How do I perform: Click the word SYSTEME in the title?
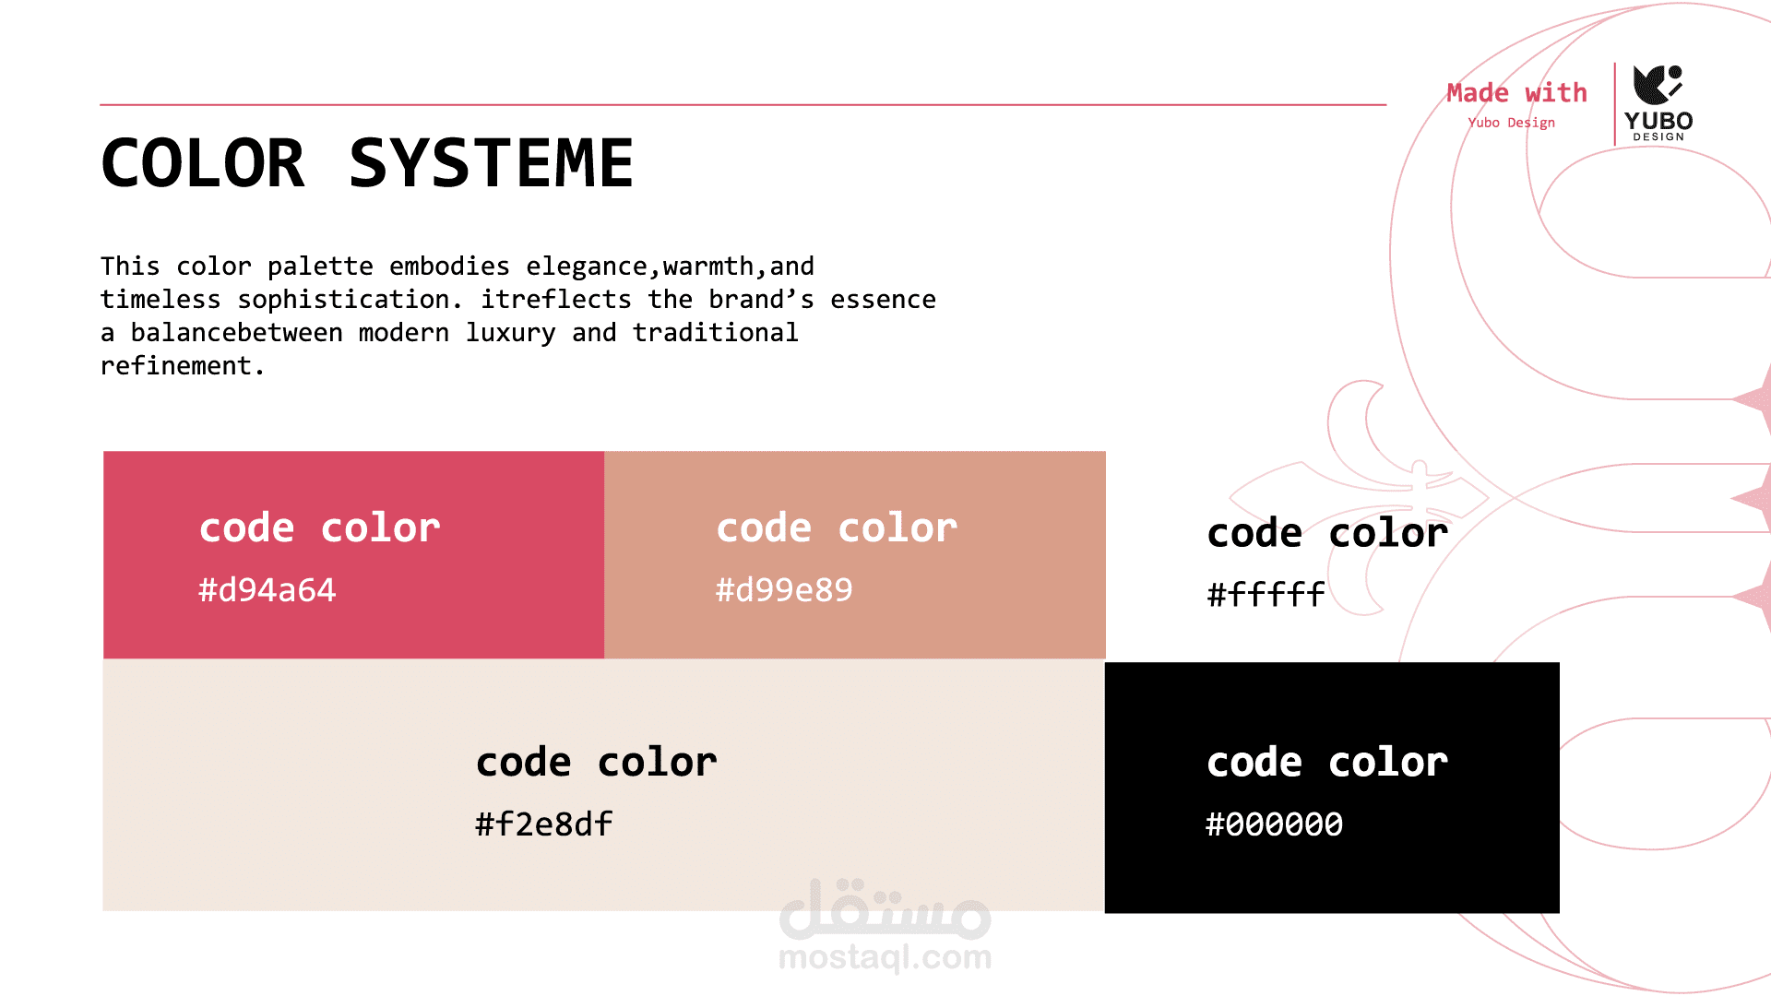[491, 163]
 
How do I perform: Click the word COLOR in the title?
[203, 163]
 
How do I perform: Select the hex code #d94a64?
[267, 590]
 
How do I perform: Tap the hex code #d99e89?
[785, 590]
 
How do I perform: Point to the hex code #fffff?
[1266, 594]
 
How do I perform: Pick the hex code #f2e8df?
[544, 824]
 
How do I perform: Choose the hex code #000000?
[1275, 824]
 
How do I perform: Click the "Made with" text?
[1516, 93]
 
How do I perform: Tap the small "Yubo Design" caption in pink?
[1511, 123]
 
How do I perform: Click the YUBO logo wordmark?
[1658, 121]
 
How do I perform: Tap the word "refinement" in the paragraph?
[176, 366]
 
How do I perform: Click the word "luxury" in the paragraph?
[510, 333]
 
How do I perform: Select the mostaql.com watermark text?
[885, 957]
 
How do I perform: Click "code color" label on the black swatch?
[1327, 763]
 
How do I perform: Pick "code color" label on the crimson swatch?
[320, 528]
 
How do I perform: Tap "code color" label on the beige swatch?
[597, 763]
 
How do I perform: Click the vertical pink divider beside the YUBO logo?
[1615, 103]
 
